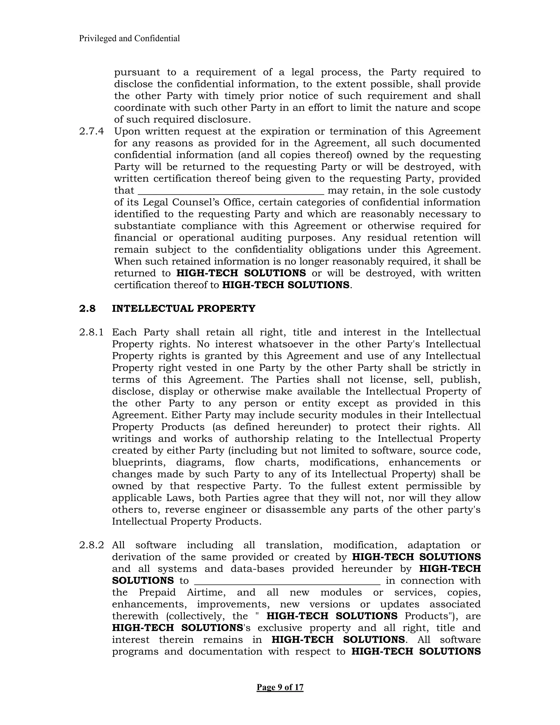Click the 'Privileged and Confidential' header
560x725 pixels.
pos(129,39)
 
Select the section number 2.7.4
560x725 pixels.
pos(91,131)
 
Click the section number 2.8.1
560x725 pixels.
pos(91,332)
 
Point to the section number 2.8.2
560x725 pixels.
pos(91,545)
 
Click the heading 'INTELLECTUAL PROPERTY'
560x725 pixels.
pos(183,308)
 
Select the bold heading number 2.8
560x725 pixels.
pos(87,308)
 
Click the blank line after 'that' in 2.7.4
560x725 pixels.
pos(231,191)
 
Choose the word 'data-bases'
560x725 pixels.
pos(257,569)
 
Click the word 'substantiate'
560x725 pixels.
pos(145,226)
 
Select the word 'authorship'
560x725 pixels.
pos(261,439)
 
